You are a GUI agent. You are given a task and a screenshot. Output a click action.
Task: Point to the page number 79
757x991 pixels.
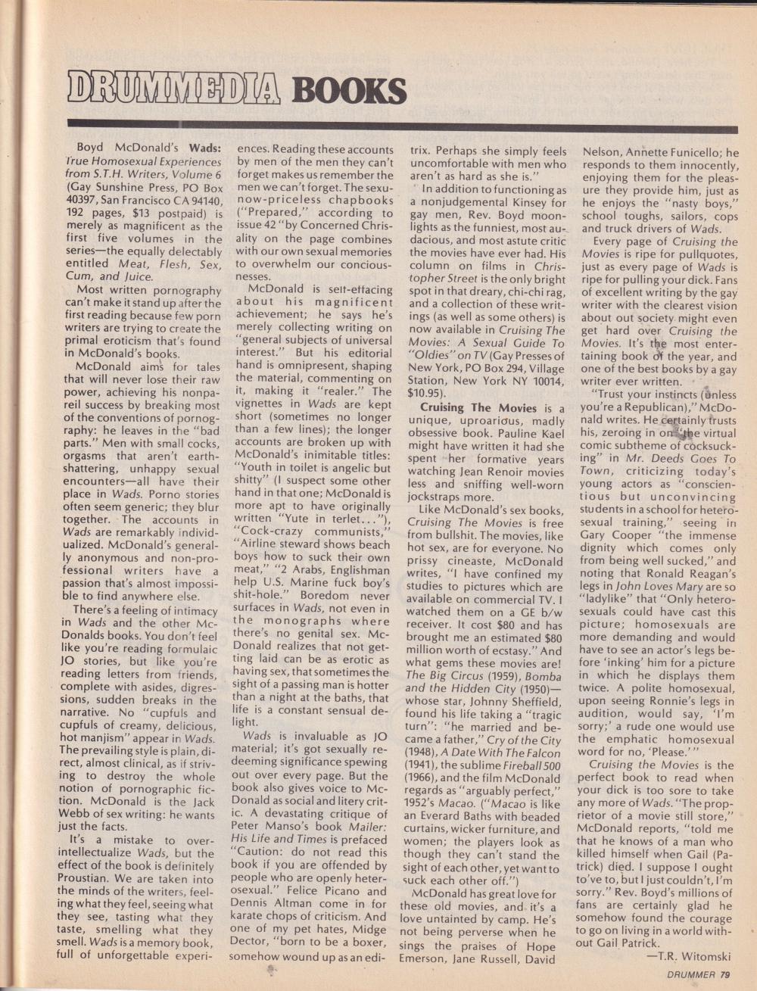724,974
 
